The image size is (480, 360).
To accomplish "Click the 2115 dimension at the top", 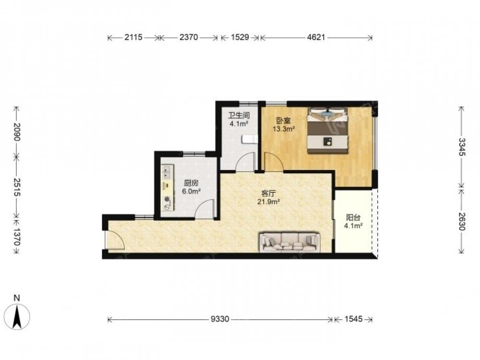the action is pyautogui.click(x=133, y=37).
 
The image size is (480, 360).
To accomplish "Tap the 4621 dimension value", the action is pyautogui.click(x=316, y=37).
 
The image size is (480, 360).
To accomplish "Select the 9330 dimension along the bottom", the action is pyautogui.click(x=220, y=319).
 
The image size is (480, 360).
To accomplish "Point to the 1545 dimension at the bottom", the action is pyautogui.click(x=354, y=319).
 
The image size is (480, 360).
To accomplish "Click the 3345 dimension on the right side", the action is pyautogui.click(x=462, y=147).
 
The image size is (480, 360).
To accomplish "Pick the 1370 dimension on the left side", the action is pyautogui.click(x=16, y=237).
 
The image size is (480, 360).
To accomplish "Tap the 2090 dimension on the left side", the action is pyautogui.click(x=16, y=132).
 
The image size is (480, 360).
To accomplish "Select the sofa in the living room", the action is pyautogui.click(x=289, y=242).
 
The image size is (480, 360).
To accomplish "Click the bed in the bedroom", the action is pyautogui.click(x=328, y=131).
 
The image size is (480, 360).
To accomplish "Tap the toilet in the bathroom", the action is pyautogui.click(x=250, y=140).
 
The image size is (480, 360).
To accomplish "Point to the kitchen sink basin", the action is pyautogui.click(x=167, y=171).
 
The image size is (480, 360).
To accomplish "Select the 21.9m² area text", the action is pyautogui.click(x=268, y=202).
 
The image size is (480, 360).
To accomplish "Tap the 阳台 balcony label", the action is pyautogui.click(x=353, y=217).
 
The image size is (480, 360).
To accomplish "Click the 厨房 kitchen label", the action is pyautogui.click(x=191, y=183).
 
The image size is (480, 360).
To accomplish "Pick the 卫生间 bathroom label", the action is pyautogui.click(x=239, y=115).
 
